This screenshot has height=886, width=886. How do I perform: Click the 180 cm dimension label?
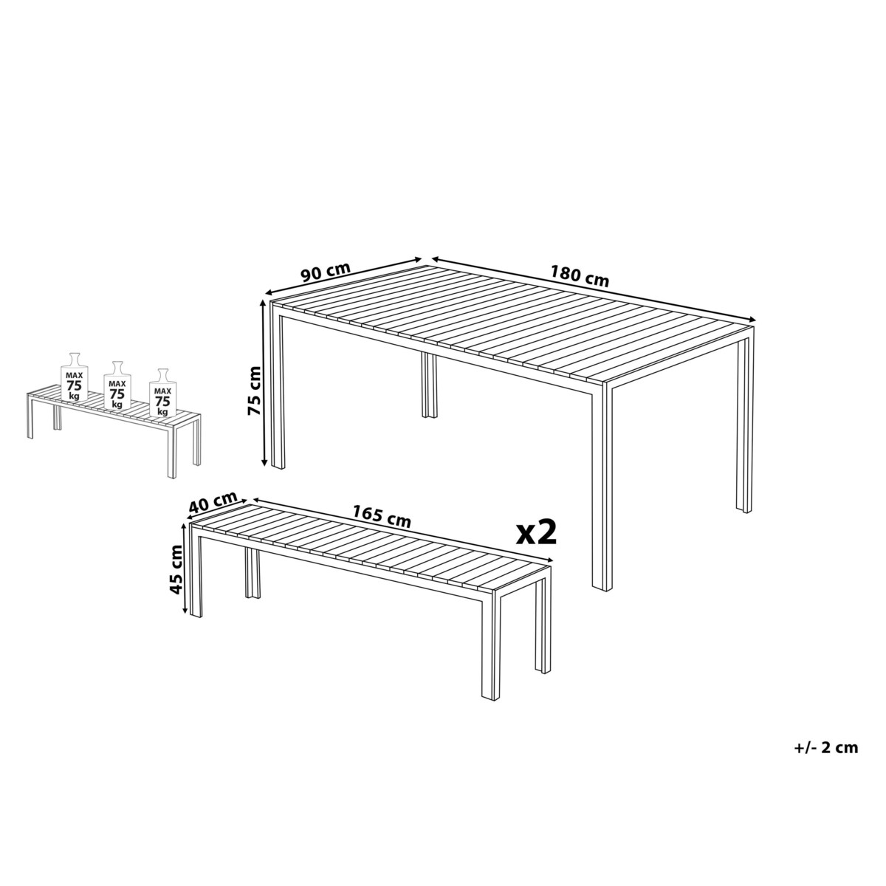[580, 277]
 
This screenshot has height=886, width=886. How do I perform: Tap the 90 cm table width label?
[326, 272]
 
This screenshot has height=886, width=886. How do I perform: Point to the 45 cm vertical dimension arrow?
[185, 570]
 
